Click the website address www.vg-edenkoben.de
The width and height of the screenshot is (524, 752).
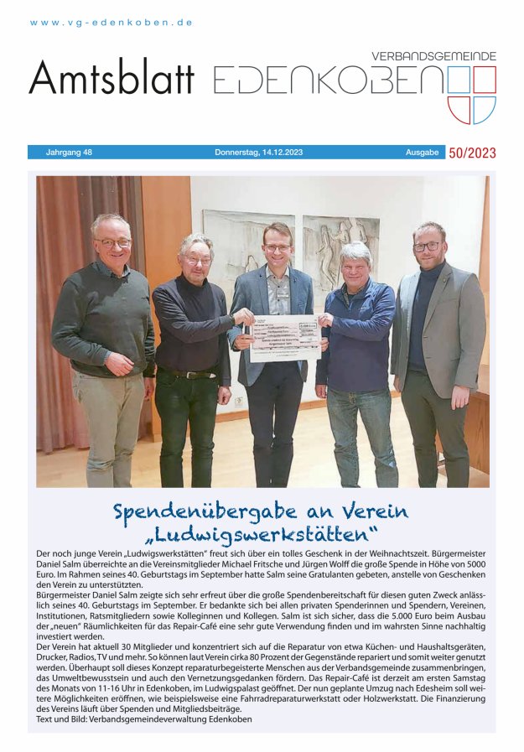point(112,23)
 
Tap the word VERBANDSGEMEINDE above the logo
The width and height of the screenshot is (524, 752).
point(433,56)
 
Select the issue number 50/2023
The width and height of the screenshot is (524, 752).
point(472,153)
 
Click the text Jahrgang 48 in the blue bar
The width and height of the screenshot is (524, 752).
point(69,153)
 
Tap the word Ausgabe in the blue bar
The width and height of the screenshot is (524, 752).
point(423,153)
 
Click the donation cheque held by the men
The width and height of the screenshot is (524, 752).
point(285,336)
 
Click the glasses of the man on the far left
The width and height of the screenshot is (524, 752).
point(112,243)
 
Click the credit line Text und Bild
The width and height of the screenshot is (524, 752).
point(144,719)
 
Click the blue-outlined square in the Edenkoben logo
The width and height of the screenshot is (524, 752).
point(485,80)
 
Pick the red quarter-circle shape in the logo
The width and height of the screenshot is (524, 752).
point(459,110)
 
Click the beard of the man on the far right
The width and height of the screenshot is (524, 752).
point(428,257)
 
